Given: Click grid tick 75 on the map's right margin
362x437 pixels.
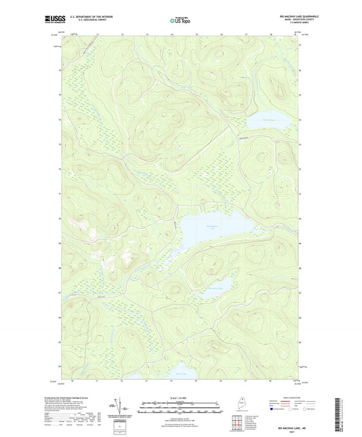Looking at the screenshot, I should point(302,95).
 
